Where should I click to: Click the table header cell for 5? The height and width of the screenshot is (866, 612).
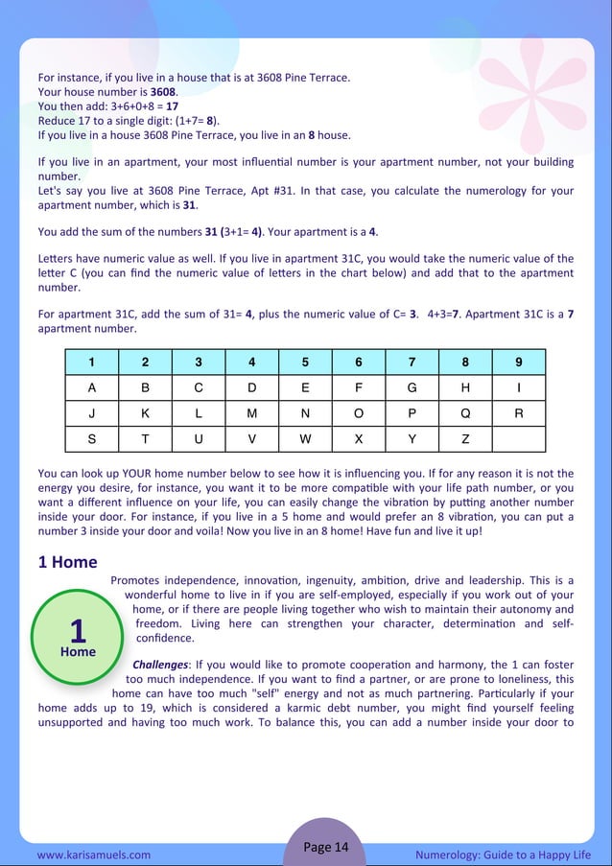305,363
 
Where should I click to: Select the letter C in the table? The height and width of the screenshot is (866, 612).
199,387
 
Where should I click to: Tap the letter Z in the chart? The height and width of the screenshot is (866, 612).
465,438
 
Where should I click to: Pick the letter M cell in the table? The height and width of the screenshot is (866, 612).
251,413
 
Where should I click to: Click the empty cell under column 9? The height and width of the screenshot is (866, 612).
518,438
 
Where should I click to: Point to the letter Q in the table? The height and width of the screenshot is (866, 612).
465,413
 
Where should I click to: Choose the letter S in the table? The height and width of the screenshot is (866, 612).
92,438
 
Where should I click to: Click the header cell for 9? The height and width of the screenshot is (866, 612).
518,363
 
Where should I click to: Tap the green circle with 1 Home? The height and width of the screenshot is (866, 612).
78,636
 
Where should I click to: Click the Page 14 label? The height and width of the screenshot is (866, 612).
326,846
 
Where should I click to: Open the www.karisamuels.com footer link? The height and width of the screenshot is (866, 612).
93,854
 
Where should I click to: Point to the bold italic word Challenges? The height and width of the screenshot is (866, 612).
160,664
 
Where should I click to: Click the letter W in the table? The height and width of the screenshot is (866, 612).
305,438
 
